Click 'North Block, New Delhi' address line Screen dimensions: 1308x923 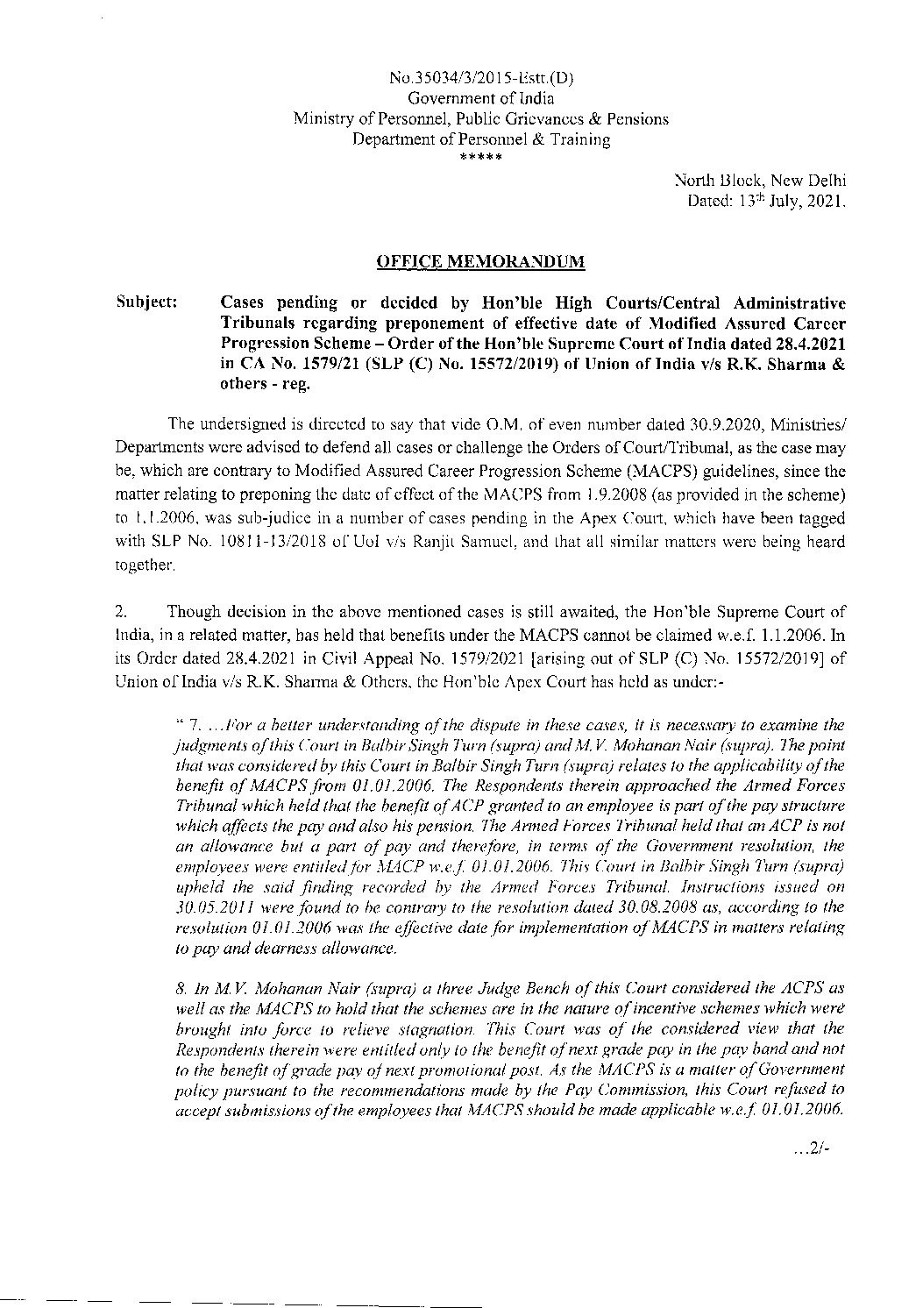point(760,181)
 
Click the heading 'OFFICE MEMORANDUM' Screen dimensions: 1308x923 point(480,261)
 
